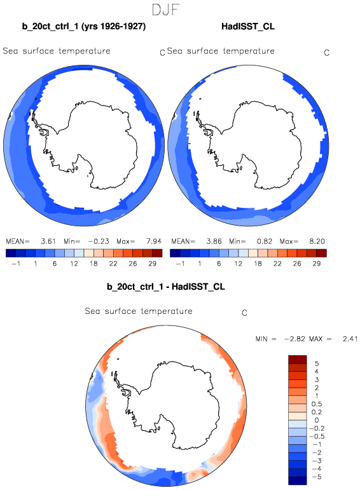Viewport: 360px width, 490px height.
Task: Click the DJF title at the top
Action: [165, 10]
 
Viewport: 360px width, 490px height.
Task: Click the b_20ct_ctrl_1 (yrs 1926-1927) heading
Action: [84, 26]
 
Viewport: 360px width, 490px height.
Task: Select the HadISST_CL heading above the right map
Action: [248, 26]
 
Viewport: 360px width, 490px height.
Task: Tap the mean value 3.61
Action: [48, 242]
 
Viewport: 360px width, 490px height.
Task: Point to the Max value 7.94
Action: [154, 242]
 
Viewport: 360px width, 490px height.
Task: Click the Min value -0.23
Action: [99, 242]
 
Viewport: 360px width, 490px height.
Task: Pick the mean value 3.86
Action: [214, 242]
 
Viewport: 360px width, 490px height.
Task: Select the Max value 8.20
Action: [317, 242]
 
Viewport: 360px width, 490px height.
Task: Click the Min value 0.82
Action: [265, 242]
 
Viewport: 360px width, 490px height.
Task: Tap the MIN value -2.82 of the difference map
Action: [294, 339]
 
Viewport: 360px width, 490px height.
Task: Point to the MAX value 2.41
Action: [350, 339]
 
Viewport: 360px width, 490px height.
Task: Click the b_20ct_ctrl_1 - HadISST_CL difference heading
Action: [166, 287]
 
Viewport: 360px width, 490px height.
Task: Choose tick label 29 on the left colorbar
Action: [152, 264]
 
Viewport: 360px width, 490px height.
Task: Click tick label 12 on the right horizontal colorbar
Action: [239, 264]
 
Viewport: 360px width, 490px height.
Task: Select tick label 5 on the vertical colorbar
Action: [317, 364]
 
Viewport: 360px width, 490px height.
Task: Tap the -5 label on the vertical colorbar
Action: [317, 477]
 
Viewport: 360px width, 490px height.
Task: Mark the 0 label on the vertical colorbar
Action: [317, 420]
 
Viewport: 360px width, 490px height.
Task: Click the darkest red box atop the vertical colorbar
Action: [298, 359]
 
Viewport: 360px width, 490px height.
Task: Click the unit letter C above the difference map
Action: [245, 313]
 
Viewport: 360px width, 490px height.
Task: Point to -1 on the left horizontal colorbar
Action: [16, 264]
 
